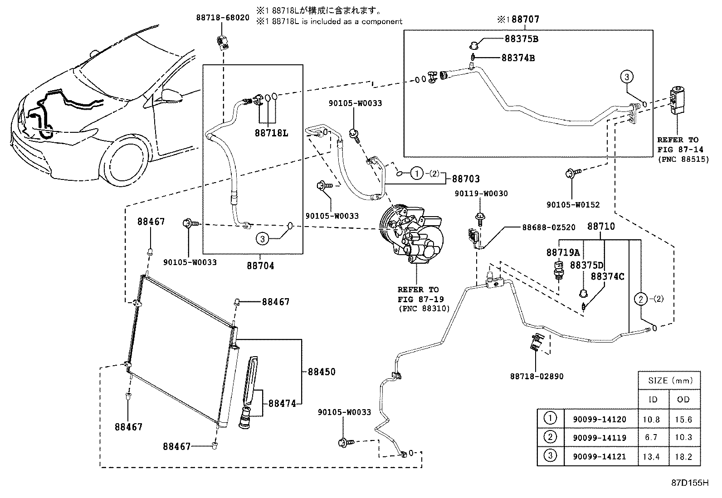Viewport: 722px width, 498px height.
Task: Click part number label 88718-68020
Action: pyautogui.click(x=223, y=18)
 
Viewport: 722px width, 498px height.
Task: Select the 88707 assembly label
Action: pyautogui.click(x=525, y=19)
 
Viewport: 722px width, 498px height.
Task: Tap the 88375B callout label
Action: pyautogui.click(x=521, y=39)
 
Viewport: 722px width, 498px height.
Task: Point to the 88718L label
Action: pyautogui.click(x=271, y=133)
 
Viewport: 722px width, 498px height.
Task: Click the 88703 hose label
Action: pyautogui.click(x=466, y=179)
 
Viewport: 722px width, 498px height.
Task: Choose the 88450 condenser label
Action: pyautogui.click(x=322, y=372)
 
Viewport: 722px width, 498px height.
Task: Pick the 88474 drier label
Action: pyautogui.click(x=282, y=403)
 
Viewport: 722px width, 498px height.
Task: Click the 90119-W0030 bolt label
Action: pyautogui.click(x=481, y=193)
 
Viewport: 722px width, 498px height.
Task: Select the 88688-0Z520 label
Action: pyautogui.click(x=549, y=227)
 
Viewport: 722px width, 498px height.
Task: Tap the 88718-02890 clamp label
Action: pyautogui.click(x=537, y=376)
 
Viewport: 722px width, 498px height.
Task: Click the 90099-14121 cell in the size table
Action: pyautogui.click(x=599, y=456)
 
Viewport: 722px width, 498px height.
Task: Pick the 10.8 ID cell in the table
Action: pyautogui.click(x=651, y=420)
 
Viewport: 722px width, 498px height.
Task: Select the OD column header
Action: pyautogui.click(x=683, y=399)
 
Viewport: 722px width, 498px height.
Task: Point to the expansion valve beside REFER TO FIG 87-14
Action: pyautogui.click(x=677, y=100)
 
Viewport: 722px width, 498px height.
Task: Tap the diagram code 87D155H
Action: pyautogui.click(x=690, y=483)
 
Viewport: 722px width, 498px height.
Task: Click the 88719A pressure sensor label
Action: pyautogui.click(x=563, y=252)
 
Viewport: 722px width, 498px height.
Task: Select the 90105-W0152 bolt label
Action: pyautogui.click(x=573, y=205)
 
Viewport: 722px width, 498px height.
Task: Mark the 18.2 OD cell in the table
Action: pyautogui.click(x=683, y=457)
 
